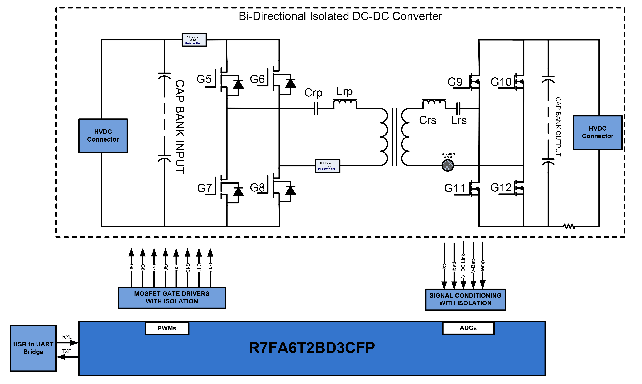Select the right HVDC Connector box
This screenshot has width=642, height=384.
597,132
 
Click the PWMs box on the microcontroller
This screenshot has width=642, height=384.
167,328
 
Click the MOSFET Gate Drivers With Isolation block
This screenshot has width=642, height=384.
172,298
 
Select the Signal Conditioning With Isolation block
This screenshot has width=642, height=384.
465,299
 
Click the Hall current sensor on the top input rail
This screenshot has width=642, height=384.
194,40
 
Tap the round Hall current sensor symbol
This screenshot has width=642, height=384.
448,165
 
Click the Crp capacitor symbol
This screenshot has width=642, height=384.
316,108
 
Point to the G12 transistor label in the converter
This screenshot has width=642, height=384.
501,188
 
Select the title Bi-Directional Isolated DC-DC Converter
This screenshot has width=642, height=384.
340,16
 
